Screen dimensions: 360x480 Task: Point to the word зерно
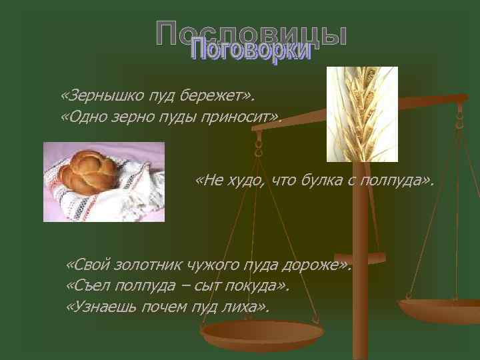click(127, 118)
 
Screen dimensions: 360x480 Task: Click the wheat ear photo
click(362, 113)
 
